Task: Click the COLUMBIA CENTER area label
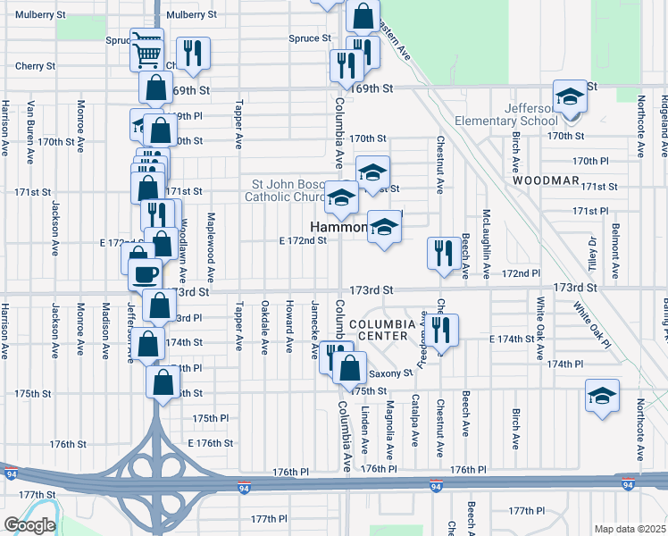pos(384,330)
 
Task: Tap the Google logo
pos(29,525)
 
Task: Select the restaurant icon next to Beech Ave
pos(443,253)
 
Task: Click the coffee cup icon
pos(144,274)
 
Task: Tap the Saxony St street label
pos(391,373)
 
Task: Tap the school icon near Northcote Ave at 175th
pos(602,396)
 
